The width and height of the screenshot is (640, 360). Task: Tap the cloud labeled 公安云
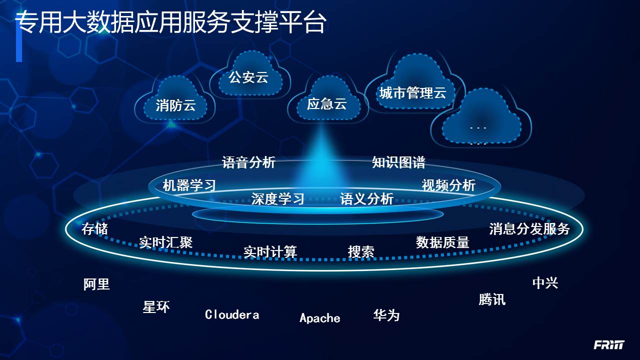248,77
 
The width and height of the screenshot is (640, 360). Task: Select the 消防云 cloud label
175,105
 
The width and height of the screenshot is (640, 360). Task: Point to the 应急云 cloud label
327,104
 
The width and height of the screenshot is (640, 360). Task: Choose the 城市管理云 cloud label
412,93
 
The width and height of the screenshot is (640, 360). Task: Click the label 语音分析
248,162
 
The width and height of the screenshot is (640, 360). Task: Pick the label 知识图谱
398,162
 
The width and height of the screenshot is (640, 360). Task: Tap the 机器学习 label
189,185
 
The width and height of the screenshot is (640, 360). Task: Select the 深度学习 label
278,199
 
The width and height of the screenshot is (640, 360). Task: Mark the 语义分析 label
366,199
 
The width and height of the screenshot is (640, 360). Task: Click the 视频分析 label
448,185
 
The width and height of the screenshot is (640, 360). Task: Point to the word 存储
95,229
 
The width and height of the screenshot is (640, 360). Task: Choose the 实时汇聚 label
166,242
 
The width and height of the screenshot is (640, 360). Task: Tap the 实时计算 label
270,251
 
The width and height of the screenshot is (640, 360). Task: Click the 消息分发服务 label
529,229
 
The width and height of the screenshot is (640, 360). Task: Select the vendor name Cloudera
232,315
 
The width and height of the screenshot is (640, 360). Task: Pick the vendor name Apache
320,318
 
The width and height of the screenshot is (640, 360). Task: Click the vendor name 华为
386,315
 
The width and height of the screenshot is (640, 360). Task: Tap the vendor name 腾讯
492,299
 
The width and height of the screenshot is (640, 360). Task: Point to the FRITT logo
609,345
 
